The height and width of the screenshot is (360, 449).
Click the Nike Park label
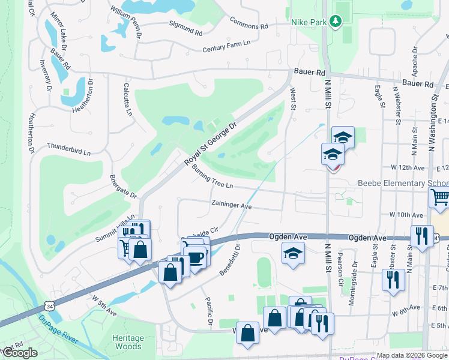click(308, 22)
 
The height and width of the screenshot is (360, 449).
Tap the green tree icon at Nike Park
click(337, 22)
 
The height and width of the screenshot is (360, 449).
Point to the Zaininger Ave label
click(231, 205)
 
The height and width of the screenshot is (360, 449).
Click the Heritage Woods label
click(128, 342)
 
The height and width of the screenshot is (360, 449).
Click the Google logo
click(19, 353)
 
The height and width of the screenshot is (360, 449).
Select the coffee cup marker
click(196, 256)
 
